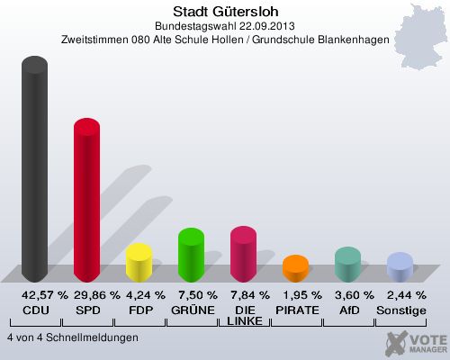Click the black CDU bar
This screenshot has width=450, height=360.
pos(35,171)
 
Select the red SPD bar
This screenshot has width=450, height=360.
pos(86,202)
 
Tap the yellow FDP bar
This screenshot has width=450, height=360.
pos(139,264)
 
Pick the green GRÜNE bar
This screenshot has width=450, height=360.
pos(191,256)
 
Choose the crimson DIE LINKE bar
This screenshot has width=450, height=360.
pos(243,255)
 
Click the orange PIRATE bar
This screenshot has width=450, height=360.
pos(295,269)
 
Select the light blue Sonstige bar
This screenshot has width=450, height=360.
pos(399,268)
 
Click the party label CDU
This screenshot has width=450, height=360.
pos(35,310)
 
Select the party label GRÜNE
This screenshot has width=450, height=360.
pos(192,310)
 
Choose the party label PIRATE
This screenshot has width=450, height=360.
pos(296,310)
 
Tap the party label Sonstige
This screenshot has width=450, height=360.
pos(400,310)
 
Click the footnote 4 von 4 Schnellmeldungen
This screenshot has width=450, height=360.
pos(72,337)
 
